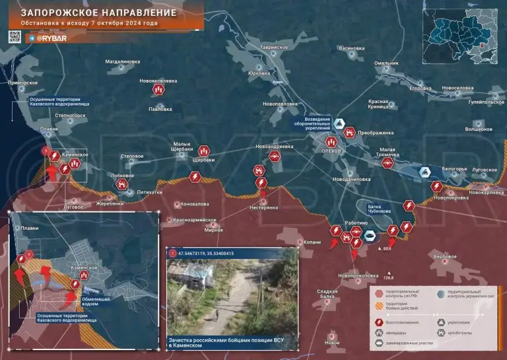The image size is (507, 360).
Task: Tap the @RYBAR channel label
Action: pos(48,39)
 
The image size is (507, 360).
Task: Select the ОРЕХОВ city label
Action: pos(332,151)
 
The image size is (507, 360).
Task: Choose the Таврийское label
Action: pos(275,48)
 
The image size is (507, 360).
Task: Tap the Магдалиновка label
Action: pos(123,61)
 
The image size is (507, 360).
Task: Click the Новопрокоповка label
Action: pos(358,275)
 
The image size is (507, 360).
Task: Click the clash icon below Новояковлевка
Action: pos(158,90)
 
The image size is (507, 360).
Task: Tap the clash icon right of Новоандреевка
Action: pos(275,157)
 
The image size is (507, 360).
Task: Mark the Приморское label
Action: pos(22,83)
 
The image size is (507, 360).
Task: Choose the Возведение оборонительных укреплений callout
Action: pos(313,123)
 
